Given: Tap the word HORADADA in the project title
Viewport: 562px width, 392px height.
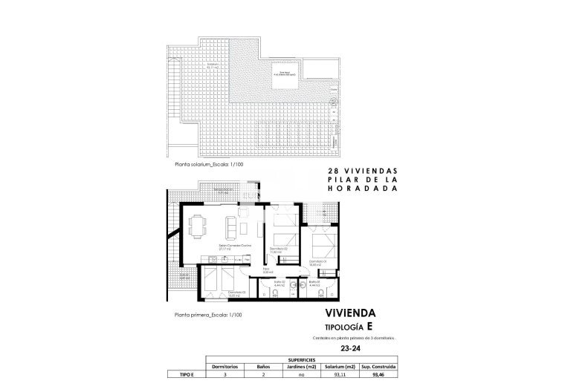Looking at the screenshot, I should [x=360, y=189].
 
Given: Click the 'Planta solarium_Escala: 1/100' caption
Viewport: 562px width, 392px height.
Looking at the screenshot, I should [x=206, y=165].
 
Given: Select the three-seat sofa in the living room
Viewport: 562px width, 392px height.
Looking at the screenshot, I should [x=244, y=222].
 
